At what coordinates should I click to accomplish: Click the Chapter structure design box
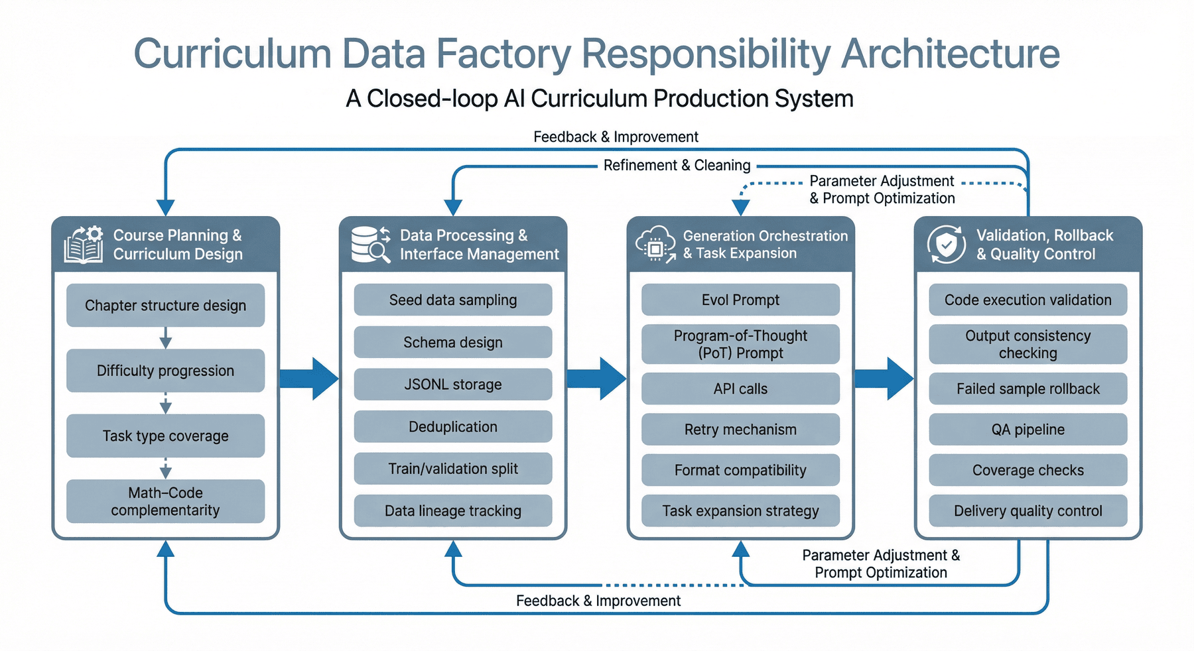click(165, 305)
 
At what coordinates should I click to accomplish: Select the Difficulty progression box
click(165, 371)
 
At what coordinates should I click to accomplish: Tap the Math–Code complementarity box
click(165, 501)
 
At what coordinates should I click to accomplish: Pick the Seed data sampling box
click(453, 300)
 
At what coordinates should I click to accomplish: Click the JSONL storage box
click(453, 385)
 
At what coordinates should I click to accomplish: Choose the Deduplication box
click(453, 426)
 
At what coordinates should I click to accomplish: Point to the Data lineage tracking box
click(453, 510)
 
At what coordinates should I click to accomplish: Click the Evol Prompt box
click(740, 300)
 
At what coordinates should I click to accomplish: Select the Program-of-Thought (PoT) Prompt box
click(740, 344)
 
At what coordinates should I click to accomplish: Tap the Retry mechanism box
click(740, 429)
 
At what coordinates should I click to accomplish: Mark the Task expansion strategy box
click(740, 510)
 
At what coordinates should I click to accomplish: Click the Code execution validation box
click(1028, 300)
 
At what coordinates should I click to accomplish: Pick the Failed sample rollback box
click(1028, 388)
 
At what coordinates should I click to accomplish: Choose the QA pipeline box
click(1028, 429)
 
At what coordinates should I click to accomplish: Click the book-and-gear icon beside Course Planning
click(84, 244)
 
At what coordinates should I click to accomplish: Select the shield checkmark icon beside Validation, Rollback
click(947, 244)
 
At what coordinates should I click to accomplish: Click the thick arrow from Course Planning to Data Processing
click(309, 379)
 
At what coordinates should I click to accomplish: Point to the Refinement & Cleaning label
click(677, 165)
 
